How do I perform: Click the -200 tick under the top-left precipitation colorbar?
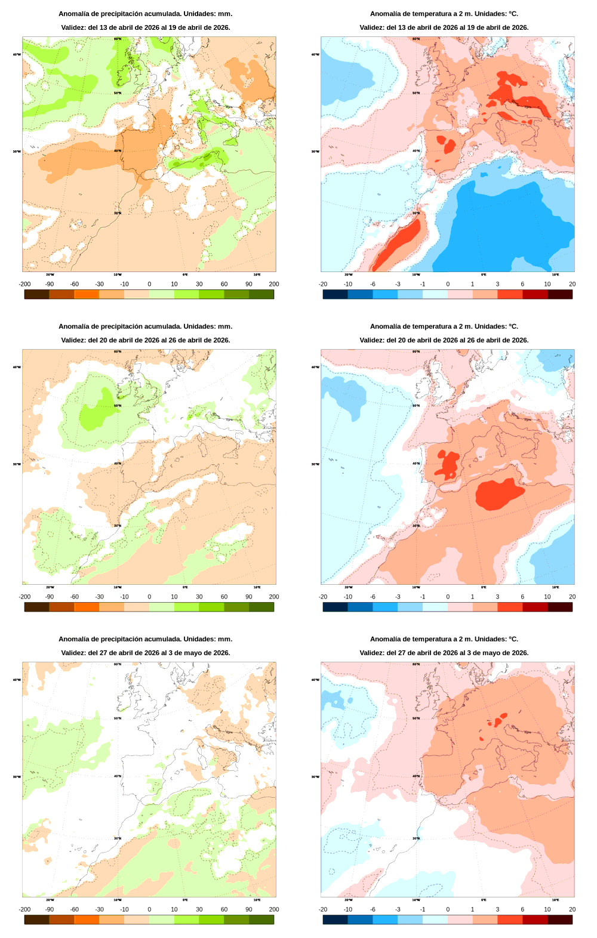pos(24,284)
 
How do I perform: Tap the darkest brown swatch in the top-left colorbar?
pos(36,294)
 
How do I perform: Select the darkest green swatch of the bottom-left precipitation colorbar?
pos(261,920)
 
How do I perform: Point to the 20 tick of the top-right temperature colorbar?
pos(572,284)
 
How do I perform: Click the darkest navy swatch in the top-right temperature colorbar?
pos(335,294)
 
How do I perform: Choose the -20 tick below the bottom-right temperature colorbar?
pos(323,909)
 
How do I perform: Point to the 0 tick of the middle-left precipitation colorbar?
pos(149,597)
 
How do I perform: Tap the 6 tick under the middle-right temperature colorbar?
pos(522,597)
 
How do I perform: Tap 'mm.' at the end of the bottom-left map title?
pos(225,639)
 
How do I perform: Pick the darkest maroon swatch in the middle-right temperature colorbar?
pos(560,607)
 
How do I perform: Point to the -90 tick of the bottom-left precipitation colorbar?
pos(50,909)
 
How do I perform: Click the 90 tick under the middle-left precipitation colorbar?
pos(249,597)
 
